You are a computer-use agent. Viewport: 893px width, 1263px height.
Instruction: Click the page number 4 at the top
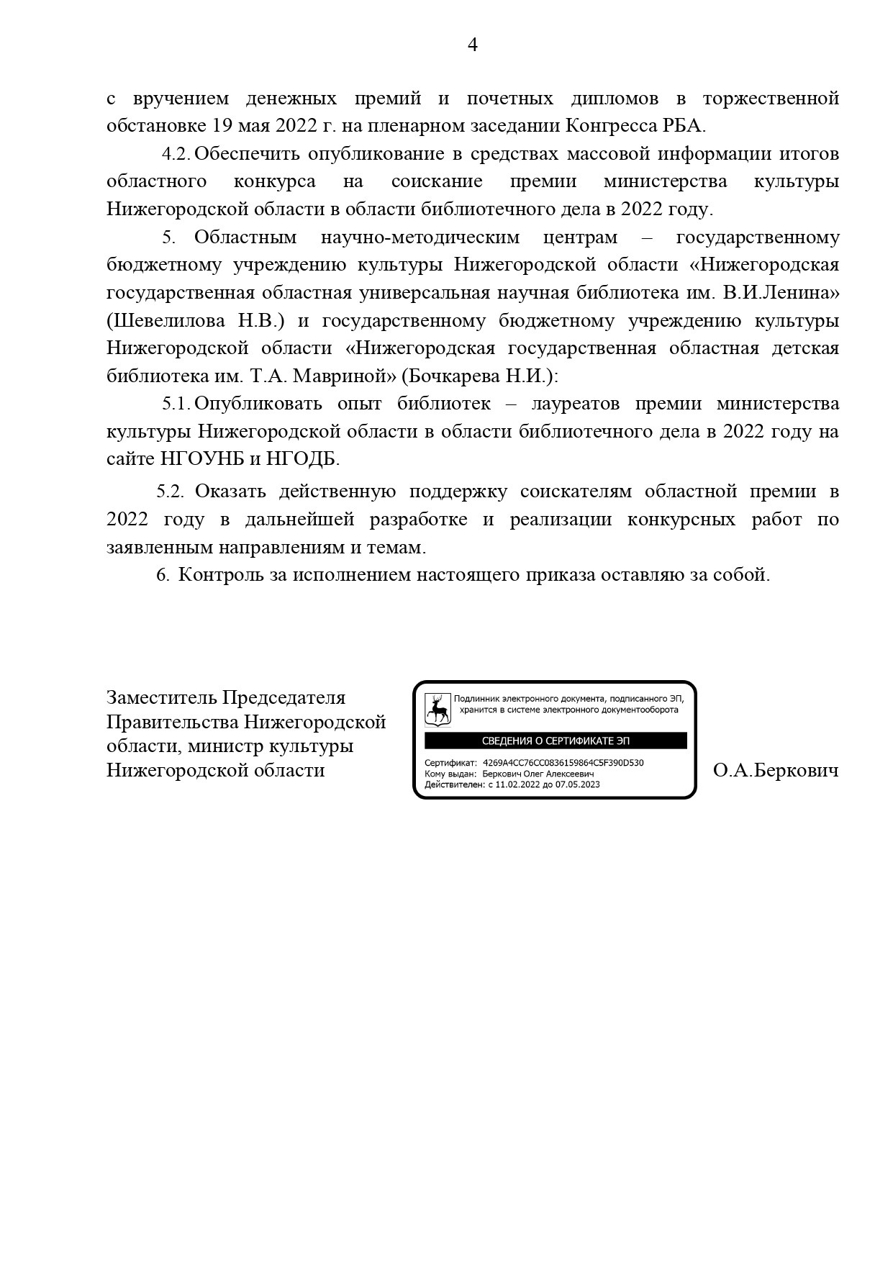click(x=473, y=45)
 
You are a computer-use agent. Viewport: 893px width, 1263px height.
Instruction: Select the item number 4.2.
click(x=176, y=154)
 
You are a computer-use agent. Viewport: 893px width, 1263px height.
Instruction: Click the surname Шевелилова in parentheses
click(x=168, y=321)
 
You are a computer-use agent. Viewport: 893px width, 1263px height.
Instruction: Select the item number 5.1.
click(x=176, y=404)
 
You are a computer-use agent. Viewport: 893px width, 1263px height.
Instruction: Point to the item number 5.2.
click(x=171, y=492)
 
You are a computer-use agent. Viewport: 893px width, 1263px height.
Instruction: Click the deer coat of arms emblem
click(x=437, y=709)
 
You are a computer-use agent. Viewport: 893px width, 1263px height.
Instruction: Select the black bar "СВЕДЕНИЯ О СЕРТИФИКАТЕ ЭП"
click(x=556, y=741)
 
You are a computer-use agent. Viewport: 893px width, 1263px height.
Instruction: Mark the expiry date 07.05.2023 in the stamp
click(x=577, y=784)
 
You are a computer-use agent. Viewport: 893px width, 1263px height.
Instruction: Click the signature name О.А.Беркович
click(x=776, y=771)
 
